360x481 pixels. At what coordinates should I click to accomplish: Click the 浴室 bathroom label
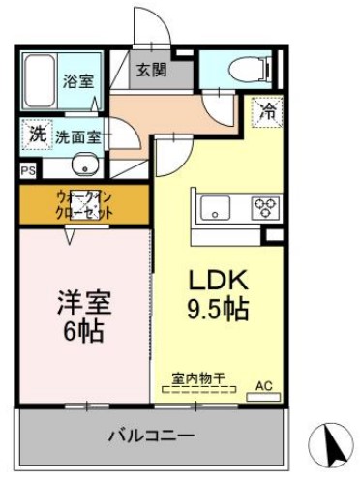[x=79, y=81]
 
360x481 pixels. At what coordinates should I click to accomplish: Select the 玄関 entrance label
[x=151, y=70]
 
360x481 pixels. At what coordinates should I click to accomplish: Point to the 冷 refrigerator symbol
[x=267, y=113]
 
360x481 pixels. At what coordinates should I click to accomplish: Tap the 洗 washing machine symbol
[x=36, y=135]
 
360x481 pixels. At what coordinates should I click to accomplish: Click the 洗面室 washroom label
[x=77, y=136]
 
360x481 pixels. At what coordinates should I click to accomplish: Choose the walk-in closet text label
[x=84, y=204]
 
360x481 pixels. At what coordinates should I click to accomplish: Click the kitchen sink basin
[x=212, y=205]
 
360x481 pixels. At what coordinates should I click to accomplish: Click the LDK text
[x=219, y=282]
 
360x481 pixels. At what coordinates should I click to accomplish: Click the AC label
[x=263, y=387]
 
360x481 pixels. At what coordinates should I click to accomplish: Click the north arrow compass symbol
[x=330, y=446]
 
